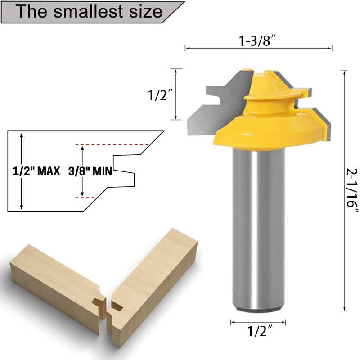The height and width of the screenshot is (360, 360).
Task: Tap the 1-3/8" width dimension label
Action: (x=257, y=41)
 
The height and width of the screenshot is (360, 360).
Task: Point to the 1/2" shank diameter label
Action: (x=258, y=333)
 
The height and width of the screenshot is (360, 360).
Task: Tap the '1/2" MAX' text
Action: (x=36, y=171)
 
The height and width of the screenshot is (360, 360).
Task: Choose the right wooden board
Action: (x=148, y=279)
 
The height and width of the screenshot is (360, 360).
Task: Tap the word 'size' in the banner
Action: (x=144, y=12)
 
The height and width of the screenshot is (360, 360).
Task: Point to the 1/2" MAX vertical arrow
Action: (x=22, y=171)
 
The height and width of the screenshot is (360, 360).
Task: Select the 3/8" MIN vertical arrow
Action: (x=82, y=171)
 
